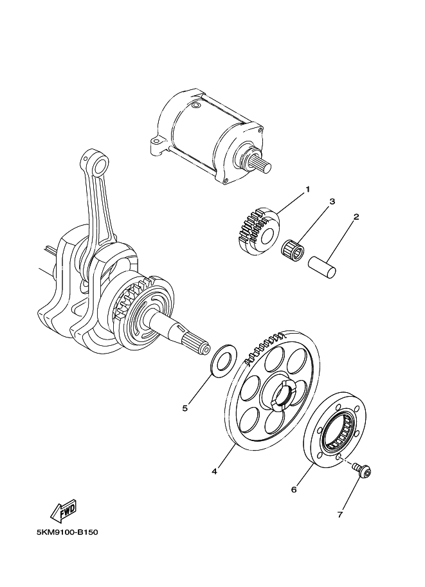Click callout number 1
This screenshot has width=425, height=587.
pyautogui.click(x=307, y=189)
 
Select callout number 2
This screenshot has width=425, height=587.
pyautogui.click(x=354, y=217)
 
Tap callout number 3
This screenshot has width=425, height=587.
pyautogui.click(x=332, y=202)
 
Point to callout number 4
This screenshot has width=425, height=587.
pyautogui.click(x=214, y=471)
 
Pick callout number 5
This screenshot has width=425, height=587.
pyautogui.click(x=185, y=408)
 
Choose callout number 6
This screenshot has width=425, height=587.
pyautogui.click(x=294, y=489)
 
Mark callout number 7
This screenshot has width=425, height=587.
pyautogui.click(x=340, y=514)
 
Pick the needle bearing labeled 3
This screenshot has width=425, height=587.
pyautogui.click(x=294, y=249)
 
